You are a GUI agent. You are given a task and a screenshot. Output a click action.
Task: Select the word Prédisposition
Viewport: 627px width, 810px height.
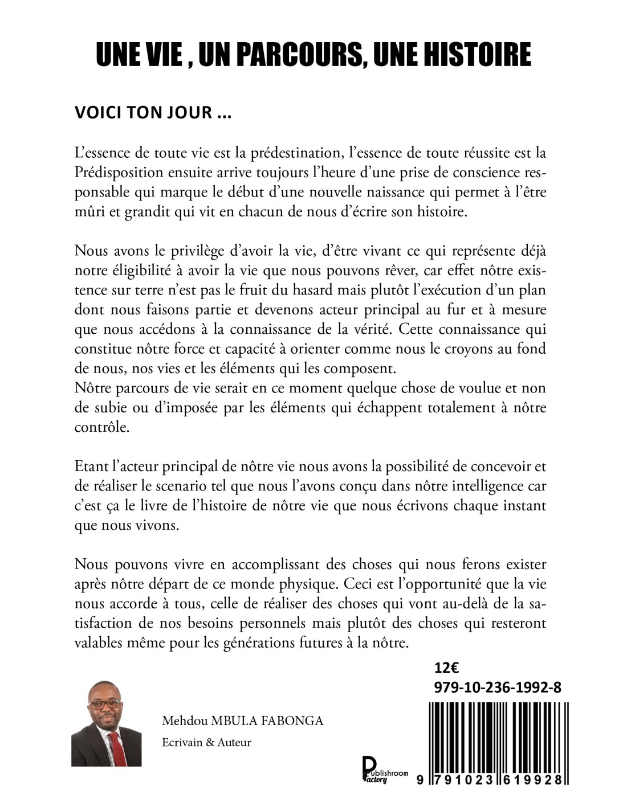pos(119,172)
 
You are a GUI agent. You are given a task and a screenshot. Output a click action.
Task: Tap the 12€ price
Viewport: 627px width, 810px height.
pos(446,668)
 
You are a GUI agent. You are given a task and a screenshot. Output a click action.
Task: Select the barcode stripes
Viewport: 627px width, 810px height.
pos(495,735)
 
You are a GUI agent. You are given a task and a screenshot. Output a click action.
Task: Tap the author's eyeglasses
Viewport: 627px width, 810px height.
pos(105,704)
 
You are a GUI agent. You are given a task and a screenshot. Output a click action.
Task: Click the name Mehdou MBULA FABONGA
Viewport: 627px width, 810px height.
pos(243,721)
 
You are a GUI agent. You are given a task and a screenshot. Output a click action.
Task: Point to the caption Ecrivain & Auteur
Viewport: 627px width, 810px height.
pos(206,743)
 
